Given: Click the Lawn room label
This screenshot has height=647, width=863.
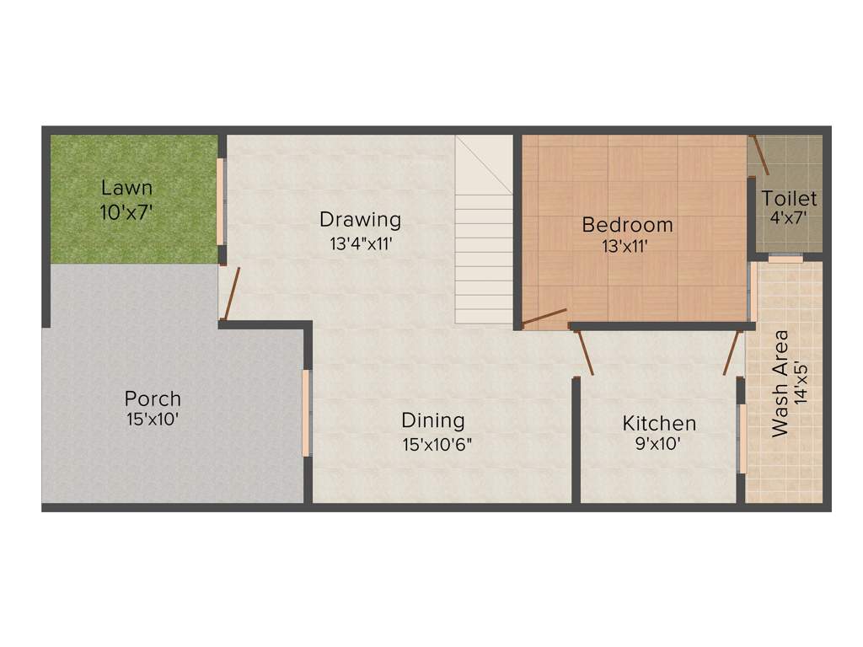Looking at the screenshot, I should (x=127, y=188).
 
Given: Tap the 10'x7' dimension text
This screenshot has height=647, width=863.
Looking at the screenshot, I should (x=127, y=213).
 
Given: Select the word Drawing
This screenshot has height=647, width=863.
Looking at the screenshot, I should (x=360, y=221).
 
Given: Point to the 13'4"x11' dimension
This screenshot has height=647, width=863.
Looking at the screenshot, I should (x=362, y=245).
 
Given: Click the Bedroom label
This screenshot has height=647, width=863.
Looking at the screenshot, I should (x=628, y=225).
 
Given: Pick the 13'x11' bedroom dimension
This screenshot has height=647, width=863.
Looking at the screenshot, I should (x=626, y=247).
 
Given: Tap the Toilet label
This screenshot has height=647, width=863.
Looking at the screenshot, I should (x=790, y=199).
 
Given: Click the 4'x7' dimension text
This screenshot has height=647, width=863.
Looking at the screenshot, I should (x=790, y=218).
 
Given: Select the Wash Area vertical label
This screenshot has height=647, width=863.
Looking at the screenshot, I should (x=780, y=383).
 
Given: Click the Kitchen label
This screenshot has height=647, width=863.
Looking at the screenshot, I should (x=659, y=423).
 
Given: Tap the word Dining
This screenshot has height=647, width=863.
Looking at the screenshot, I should (x=432, y=420).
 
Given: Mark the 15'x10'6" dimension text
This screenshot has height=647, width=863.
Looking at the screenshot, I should (x=436, y=443).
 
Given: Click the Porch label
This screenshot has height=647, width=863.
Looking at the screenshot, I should (x=153, y=398).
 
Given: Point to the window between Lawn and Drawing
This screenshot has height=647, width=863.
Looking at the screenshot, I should (x=221, y=201).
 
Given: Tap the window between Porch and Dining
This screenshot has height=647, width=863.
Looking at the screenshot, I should (x=307, y=413).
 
